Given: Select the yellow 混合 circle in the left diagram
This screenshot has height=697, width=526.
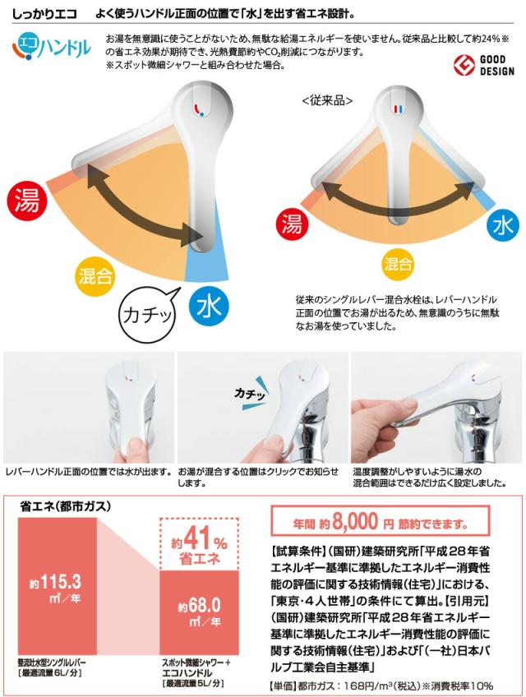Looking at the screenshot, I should [x=95, y=274].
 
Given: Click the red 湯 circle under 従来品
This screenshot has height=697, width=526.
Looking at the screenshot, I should [x=290, y=224].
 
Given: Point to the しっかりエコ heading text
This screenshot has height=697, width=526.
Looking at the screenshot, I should [x=44, y=12].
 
